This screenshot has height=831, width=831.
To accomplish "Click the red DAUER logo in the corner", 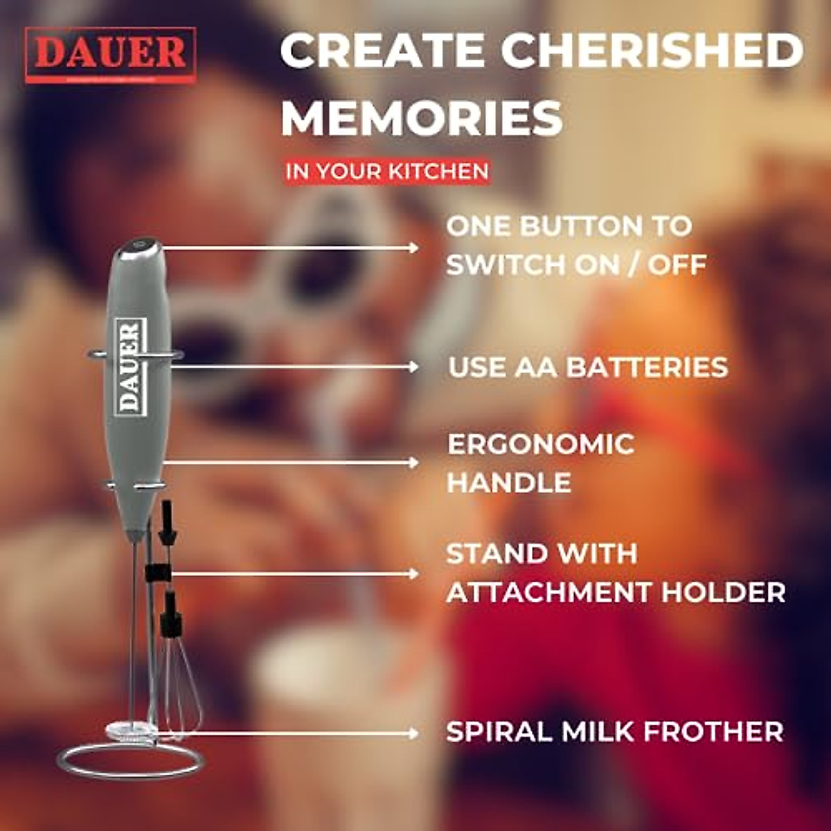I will click(111, 55).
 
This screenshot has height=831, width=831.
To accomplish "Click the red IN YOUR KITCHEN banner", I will click(387, 171).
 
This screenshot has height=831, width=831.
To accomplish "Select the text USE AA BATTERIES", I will click(588, 367).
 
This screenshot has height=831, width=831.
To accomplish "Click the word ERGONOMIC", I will click(541, 444).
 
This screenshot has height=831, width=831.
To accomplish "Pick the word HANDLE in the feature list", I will click(509, 483).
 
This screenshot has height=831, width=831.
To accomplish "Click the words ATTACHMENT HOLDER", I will click(616, 592).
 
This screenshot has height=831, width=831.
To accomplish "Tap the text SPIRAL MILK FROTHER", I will click(614, 731).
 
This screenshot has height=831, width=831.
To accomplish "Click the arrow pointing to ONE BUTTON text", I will click(291, 247).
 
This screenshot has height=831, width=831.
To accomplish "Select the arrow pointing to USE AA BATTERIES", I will click(294, 366).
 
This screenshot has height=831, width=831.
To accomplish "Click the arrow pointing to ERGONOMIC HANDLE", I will click(291, 463).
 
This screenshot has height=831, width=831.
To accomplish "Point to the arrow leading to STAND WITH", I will click(294, 573).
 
